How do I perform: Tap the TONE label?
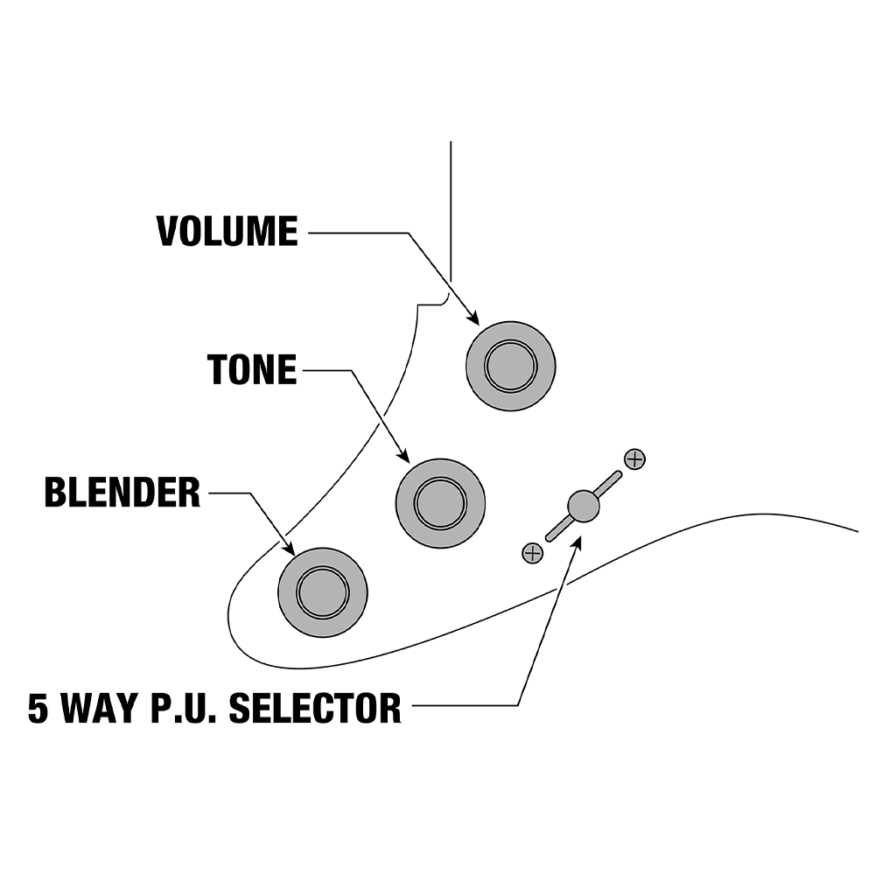pos(252,370)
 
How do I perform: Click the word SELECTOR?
pos(315,707)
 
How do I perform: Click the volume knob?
pos(511,365)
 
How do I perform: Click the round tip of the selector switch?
pos(583,505)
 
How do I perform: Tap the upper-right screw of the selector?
pos(634,458)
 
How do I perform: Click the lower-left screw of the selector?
pos(531,552)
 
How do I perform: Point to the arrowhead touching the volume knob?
pos(474,319)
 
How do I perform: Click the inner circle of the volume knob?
pos(511,365)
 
